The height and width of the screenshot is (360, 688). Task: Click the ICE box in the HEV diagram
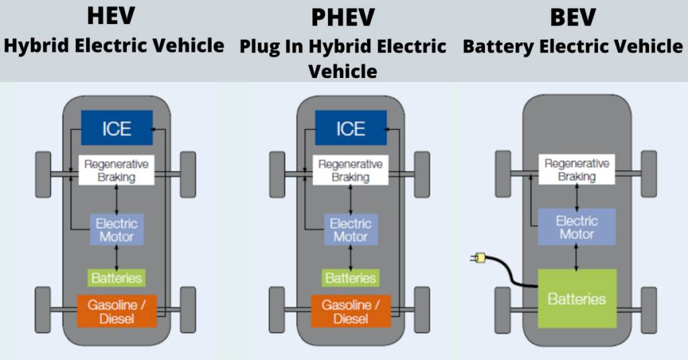117,128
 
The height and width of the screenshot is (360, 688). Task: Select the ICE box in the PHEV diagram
351,128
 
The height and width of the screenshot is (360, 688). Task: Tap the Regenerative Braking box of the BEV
576,169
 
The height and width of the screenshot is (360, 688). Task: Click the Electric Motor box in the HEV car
117,229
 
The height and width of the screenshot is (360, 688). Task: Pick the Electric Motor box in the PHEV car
351,229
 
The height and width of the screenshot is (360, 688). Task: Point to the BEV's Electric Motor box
576,227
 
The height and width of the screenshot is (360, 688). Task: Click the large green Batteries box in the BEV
577,299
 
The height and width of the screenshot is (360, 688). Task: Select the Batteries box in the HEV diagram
116,278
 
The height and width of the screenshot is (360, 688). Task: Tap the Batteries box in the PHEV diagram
350,278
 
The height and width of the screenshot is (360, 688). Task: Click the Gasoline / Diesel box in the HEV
117,312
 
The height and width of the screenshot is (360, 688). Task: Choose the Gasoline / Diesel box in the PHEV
351,312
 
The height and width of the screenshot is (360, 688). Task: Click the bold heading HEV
111,16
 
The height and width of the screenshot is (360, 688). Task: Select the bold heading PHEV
343,17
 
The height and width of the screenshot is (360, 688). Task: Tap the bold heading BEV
572,17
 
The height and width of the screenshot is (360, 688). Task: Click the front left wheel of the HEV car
43,175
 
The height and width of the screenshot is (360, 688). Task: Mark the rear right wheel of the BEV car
649,310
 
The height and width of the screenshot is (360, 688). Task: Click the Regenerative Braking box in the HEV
116,170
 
